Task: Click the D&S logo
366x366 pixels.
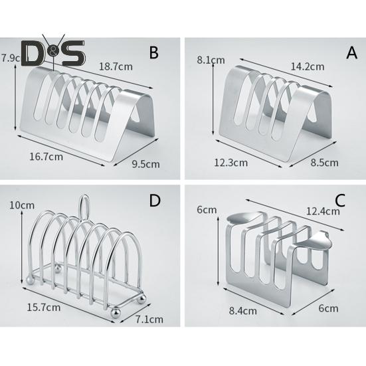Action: coord(53,52)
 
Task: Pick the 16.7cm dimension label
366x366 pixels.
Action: coord(46,157)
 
